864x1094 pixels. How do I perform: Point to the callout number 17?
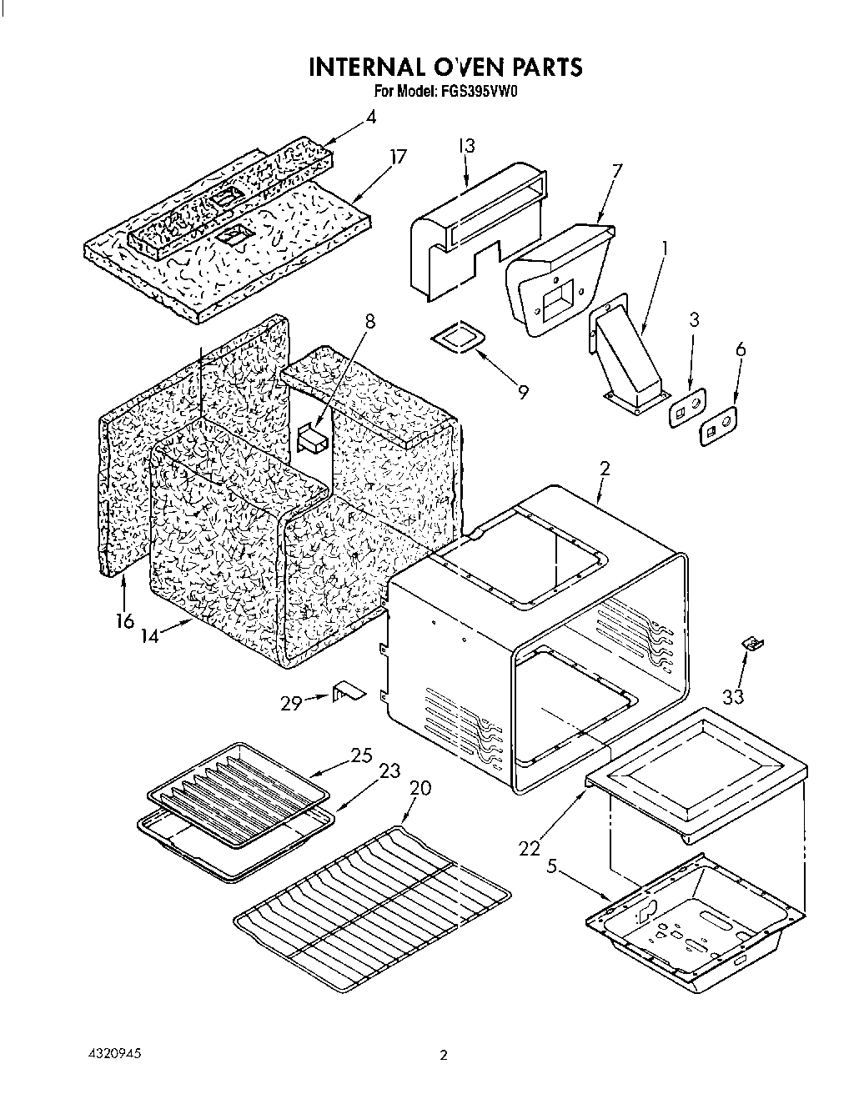point(398,157)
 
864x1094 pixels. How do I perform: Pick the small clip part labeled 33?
point(754,643)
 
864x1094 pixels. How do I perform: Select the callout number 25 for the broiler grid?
point(361,755)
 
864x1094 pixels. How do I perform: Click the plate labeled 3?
point(686,408)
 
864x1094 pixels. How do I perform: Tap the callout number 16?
point(124,620)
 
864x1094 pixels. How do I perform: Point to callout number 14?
point(150,635)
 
